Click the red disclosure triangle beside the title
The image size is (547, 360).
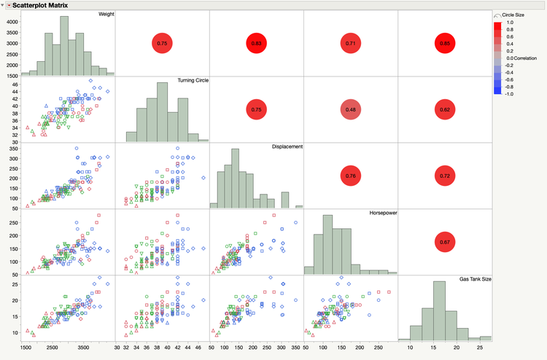click(9, 5)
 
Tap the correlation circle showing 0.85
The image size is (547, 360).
click(444, 44)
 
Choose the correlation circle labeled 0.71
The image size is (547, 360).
click(350, 44)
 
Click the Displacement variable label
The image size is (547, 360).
click(288, 146)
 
